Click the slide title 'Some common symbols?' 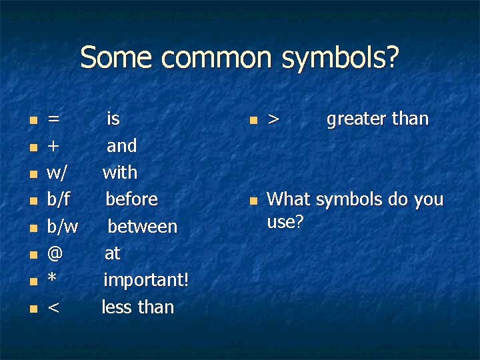(x=240, y=58)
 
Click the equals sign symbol (x=54, y=119)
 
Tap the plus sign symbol (x=54, y=146)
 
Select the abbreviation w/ (x=57, y=173)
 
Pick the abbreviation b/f (x=59, y=199)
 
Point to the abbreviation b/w (x=62, y=227)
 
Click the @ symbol (x=55, y=253)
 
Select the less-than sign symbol (x=53, y=307)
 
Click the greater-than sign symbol (x=273, y=119)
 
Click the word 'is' (x=113, y=119)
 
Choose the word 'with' (x=120, y=173)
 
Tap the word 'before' (x=131, y=199)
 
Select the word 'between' (x=143, y=227)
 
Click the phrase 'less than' (x=137, y=307)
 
